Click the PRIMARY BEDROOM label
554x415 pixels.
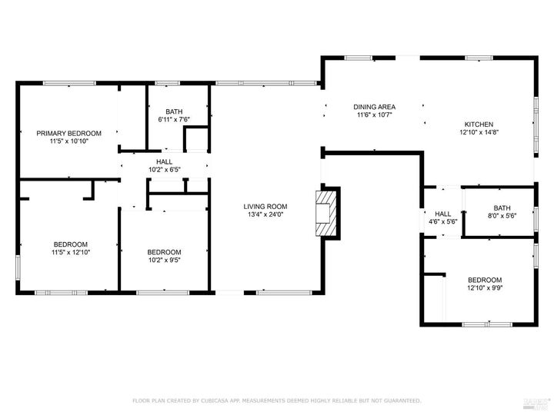click(x=68, y=133)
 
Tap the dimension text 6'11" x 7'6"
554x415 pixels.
click(x=173, y=119)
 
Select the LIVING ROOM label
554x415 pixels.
click(x=265, y=206)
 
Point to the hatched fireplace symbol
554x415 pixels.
click(x=326, y=213)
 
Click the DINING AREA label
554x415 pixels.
click(x=374, y=107)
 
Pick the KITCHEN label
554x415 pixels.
click(x=478, y=124)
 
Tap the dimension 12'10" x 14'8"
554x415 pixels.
click(x=478, y=133)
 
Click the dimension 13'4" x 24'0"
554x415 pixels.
click(x=265, y=214)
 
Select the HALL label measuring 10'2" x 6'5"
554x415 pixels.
click(x=164, y=161)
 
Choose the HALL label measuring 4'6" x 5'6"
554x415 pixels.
click(x=443, y=214)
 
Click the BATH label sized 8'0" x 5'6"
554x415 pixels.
click(x=502, y=207)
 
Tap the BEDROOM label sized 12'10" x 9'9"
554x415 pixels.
click(x=485, y=280)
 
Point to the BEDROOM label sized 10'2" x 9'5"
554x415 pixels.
click(x=164, y=252)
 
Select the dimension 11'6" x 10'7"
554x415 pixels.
click(x=374, y=115)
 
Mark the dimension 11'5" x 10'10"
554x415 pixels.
click(x=68, y=141)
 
